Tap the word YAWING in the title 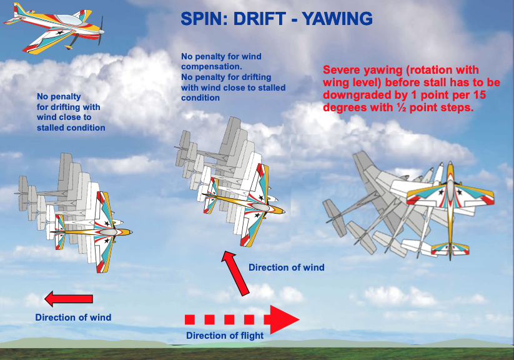point(337,19)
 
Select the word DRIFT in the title point(259,19)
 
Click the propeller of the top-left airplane point(101,31)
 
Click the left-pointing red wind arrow point(69,299)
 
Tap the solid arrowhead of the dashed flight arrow point(282,319)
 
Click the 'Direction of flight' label point(225,336)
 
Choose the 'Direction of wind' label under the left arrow point(73,317)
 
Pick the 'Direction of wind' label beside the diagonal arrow point(287,267)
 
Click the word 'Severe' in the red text point(342,70)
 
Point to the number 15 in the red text point(479,95)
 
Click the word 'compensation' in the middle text point(210,67)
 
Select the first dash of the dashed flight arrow point(190,319)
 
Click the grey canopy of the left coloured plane point(109,232)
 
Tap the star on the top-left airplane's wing point(60,32)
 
